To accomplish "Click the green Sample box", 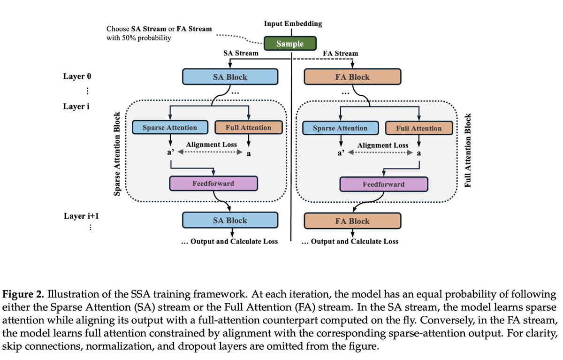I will tap(290, 44).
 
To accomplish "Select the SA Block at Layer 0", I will tap(230, 77).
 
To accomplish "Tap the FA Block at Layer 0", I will tap(352, 77).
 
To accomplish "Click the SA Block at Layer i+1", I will tap(230, 220).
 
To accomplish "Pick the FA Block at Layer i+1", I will tap(352, 221).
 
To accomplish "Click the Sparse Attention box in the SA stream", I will tap(170, 127).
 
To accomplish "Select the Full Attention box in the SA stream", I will tap(248, 127).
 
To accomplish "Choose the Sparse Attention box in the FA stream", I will tap(340, 128).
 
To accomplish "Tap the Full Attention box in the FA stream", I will tap(419, 128).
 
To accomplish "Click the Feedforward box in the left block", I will tap(213, 183).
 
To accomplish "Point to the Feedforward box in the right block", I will tap(383, 184).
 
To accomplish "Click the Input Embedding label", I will tap(293, 23).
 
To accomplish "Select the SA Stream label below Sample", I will tap(241, 53).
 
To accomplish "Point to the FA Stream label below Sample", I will tap(341, 53).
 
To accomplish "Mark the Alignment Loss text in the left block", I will tap(211, 146).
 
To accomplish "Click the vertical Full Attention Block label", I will tap(467, 151).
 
